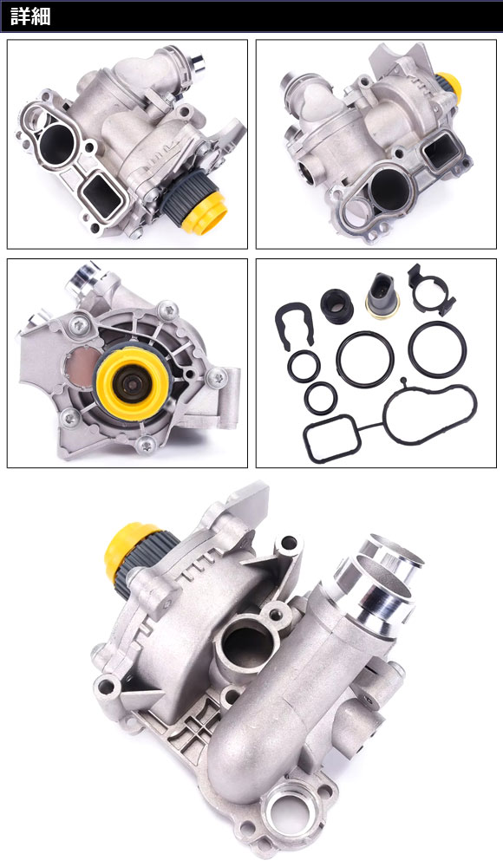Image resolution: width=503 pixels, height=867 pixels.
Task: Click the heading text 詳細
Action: click(x=29, y=16)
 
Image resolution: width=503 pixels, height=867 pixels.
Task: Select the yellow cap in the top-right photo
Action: click(x=449, y=88)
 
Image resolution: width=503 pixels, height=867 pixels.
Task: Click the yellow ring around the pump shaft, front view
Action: click(x=134, y=381)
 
